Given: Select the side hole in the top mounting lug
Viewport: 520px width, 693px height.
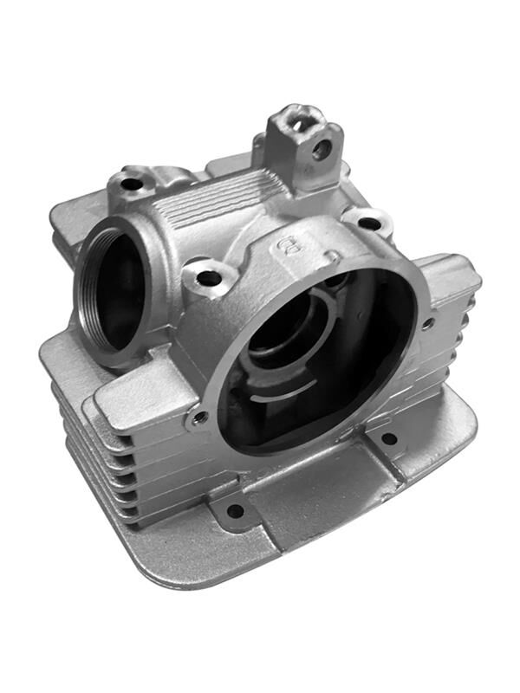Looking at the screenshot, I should (x=322, y=149).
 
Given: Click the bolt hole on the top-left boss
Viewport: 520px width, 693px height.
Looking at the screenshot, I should (x=131, y=184).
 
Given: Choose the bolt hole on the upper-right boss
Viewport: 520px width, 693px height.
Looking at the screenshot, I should (x=369, y=223).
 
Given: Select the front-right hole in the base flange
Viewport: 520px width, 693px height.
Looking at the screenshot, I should (x=389, y=439).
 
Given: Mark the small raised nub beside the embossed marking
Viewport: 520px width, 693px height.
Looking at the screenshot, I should (x=333, y=256).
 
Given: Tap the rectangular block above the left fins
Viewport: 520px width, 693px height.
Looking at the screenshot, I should (x=143, y=398).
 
